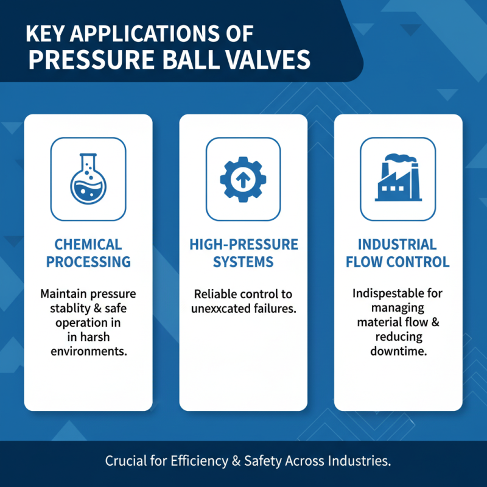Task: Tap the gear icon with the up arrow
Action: [x=243, y=179]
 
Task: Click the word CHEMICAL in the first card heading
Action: [x=88, y=245]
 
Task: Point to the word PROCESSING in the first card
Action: [x=88, y=262]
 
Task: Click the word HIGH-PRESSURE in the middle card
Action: [x=243, y=245]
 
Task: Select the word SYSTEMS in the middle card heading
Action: [x=243, y=262]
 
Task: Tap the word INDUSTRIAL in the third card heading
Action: [x=398, y=245]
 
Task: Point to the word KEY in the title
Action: [x=44, y=33]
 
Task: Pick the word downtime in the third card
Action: [x=398, y=352]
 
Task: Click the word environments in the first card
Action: [x=88, y=352]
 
